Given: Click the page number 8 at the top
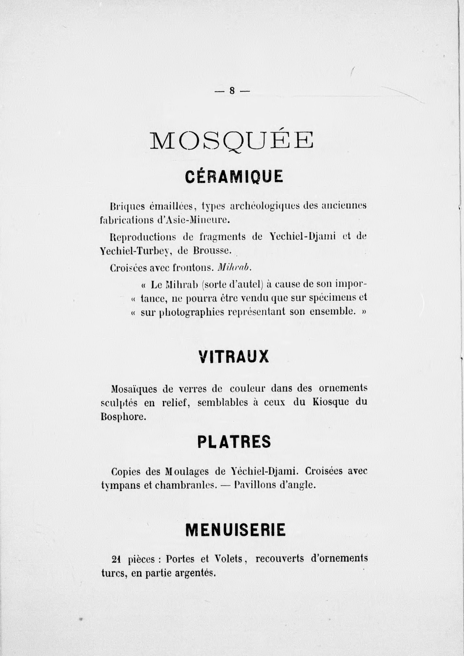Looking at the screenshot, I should (232, 91).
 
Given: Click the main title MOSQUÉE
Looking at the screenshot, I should (232, 140).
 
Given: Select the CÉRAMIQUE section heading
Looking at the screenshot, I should (234, 177).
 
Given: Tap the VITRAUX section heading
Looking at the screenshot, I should (233, 357).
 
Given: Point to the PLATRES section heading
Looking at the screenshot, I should (234, 442).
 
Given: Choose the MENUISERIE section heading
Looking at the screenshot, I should (235, 529).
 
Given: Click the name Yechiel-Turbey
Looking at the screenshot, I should (134, 251).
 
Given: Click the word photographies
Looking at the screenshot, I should (191, 312).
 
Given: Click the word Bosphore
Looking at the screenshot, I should (123, 416).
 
